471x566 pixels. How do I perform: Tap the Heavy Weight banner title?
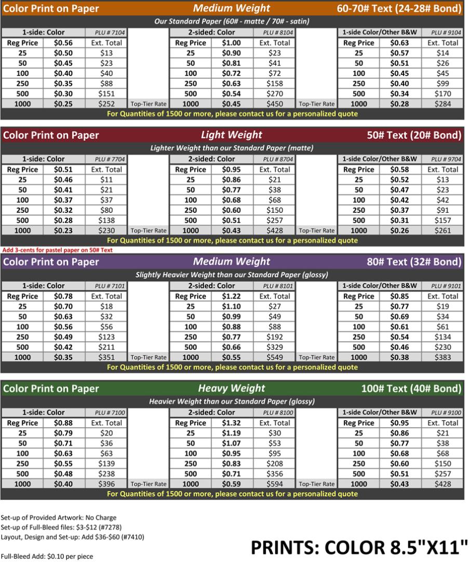coord(231,389)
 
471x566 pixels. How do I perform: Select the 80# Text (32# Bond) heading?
coord(414,262)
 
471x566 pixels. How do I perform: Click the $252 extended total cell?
coord(106,104)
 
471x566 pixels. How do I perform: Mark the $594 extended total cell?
coord(275,484)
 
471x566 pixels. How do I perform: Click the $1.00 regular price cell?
coord(231,43)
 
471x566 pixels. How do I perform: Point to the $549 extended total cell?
coord(275,357)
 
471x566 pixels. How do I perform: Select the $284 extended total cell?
coord(443,104)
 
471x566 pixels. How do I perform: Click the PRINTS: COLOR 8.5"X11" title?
coord(359,548)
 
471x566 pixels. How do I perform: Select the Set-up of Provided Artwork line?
coord(58,518)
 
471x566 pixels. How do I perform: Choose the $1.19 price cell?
coord(232,433)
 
